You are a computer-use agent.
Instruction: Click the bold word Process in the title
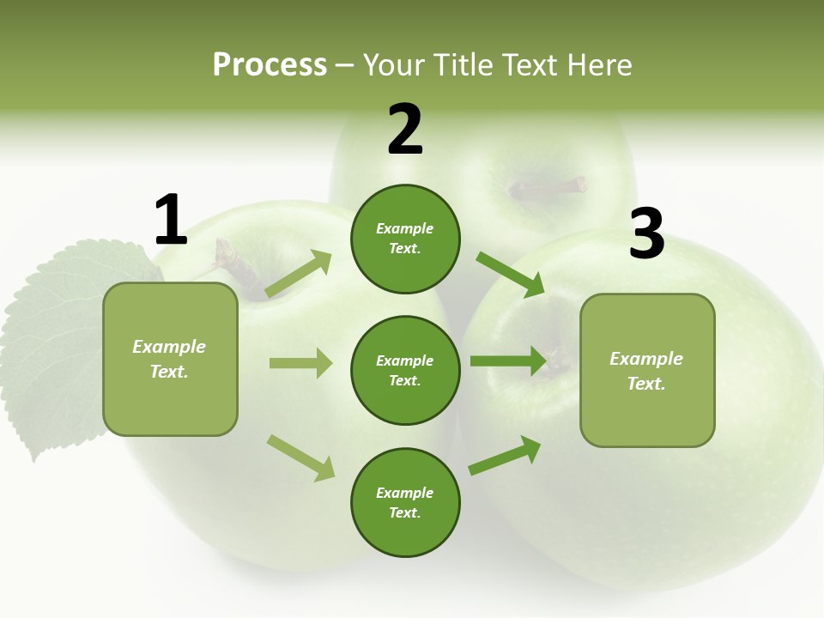tap(270, 65)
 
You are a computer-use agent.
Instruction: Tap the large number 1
tap(171, 221)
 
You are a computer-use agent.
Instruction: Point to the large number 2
tap(405, 130)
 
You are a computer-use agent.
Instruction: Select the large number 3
tap(646, 233)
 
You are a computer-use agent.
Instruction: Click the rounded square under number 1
tap(170, 359)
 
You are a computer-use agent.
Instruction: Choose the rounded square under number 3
tap(647, 370)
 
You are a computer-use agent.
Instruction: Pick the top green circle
tap(405, 239)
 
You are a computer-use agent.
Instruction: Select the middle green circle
tap(405, 370)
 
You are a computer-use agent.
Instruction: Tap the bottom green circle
tap(405, 502)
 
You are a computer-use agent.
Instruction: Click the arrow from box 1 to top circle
tap(299, 275)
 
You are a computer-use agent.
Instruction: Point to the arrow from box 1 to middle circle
tap(300, 363)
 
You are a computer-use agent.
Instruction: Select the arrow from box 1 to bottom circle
tap(300, 457)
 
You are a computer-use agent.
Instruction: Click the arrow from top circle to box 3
tap(510, 274)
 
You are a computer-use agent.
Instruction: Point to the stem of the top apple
tap(549, 186)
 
